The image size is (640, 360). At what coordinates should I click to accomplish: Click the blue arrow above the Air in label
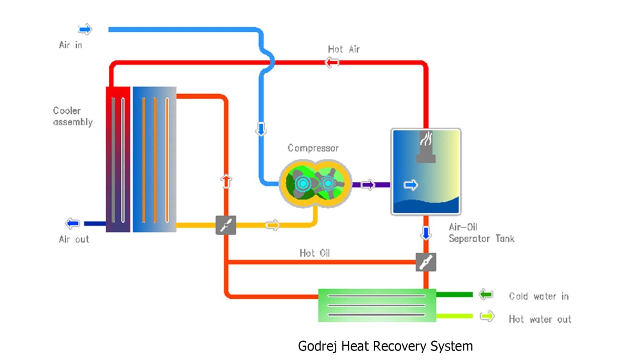click(x=85, y=29)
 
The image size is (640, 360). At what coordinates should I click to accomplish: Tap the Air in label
click(x=70, y=45)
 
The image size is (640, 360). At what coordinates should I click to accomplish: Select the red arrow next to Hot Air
click(x=332, y=62)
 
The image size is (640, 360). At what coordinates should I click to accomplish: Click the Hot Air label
click(x=344, y=49)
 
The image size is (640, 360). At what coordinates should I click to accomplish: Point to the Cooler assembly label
click(x=72, y=116)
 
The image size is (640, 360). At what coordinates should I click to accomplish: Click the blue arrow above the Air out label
click(x=73, y=223)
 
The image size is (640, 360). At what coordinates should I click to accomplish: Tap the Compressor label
click(x=313, y=148)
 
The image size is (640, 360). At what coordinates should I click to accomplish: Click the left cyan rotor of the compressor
click(x=303, y=183)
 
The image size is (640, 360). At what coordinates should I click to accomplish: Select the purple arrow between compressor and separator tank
click(x=368, y=185)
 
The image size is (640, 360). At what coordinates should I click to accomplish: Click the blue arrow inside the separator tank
click(x=411, y=185)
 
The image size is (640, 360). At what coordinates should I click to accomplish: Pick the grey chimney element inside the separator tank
click(x=426, y=148)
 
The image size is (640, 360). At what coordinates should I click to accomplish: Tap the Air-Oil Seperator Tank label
click(x=481, y=233)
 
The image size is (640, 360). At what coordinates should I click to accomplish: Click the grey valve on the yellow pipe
click(x=226, y=225)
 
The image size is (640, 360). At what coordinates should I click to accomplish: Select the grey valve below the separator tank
click(x=426, y=262)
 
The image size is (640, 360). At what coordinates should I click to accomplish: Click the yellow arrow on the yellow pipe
click(x=272, y=225)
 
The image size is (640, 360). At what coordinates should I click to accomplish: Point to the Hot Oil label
click(x=315, y=253)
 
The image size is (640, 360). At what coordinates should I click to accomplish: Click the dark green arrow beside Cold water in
click(x=486, y=295)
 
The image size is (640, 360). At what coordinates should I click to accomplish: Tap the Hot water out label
click(x=540, y=319)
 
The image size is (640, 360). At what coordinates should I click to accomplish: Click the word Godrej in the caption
click(x=317, y=346)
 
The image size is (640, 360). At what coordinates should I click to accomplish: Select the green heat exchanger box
click(x=377, y=305)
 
